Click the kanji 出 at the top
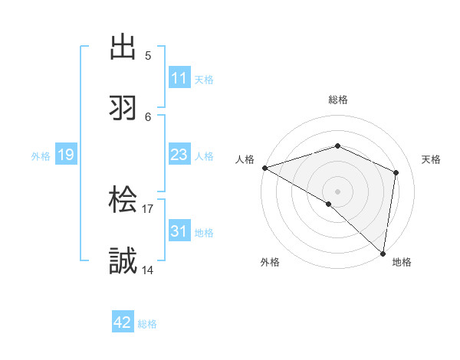[x=123, y=48]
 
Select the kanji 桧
[x=123, y=201]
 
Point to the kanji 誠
[x=123, y=261]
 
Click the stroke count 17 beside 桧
[x=148, y=208]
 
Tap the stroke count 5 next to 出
[x=148, y=56]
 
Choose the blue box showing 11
[x=179, y=78]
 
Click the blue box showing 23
[x=179, y=155]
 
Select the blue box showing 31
[x=179, y=231]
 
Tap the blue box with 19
[x=65, y=155]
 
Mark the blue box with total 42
[x=123, y=322]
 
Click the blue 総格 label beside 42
[x=147, y=324]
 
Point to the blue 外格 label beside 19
[x=41, y=156]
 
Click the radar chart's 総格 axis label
[x=338, y=100]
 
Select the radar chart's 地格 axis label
[x=402, y=263]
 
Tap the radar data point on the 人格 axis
[x=264, y=168]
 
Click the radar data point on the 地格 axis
[x=383, y=252]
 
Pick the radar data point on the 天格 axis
[x=396, y=172]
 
